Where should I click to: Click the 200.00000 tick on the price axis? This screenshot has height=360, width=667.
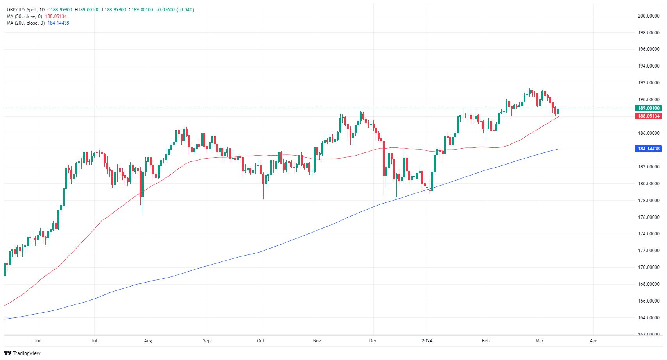point(649,16)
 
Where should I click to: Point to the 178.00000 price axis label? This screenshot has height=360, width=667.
point(649,201)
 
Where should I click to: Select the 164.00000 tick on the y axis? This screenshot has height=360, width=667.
point(649,318)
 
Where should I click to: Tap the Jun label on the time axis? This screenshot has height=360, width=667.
point(38,341)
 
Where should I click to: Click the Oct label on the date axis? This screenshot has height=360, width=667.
point(260,341)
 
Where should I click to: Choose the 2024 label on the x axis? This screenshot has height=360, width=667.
point(427,341)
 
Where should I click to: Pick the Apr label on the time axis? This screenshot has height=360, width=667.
point(593,341)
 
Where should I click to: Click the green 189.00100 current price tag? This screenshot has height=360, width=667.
point(649,108)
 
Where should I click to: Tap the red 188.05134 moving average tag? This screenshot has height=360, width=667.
point(649,116)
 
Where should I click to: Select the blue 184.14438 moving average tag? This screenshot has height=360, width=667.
point(649,149)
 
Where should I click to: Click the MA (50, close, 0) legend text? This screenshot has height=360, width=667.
point(24,16)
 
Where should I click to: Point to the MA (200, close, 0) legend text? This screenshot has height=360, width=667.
point(25,23)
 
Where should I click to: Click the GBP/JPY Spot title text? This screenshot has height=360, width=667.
point(22,10)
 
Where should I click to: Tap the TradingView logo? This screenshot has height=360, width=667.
point(22,353)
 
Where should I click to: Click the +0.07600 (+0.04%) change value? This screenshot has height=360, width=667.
point(174,10)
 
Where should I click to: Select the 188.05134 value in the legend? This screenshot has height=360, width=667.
point(56,16)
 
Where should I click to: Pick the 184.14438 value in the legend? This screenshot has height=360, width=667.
point(58,23)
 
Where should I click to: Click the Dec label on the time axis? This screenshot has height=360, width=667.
point(373,341)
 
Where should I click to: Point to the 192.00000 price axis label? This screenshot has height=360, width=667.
point(649,83)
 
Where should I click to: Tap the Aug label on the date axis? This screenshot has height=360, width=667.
point(148,341)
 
